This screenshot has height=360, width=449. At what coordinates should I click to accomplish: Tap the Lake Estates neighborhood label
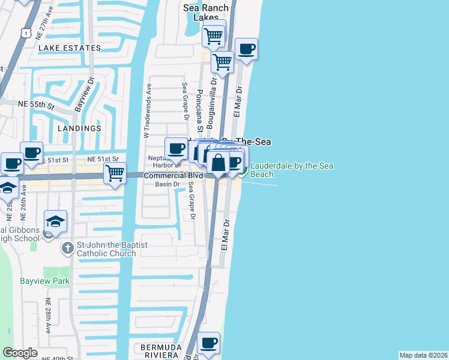[69, 48]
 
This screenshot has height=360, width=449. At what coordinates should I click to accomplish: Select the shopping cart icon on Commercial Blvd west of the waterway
[115, 173]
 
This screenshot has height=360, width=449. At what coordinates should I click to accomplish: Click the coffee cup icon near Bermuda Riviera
[209, 343]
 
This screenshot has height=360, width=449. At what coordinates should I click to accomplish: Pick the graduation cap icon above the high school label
[55, 221]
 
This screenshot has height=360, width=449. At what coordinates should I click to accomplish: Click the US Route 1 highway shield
[25, 33]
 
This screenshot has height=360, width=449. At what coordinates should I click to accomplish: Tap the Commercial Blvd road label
[173, 175]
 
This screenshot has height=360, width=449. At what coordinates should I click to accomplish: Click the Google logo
[20, 352]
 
